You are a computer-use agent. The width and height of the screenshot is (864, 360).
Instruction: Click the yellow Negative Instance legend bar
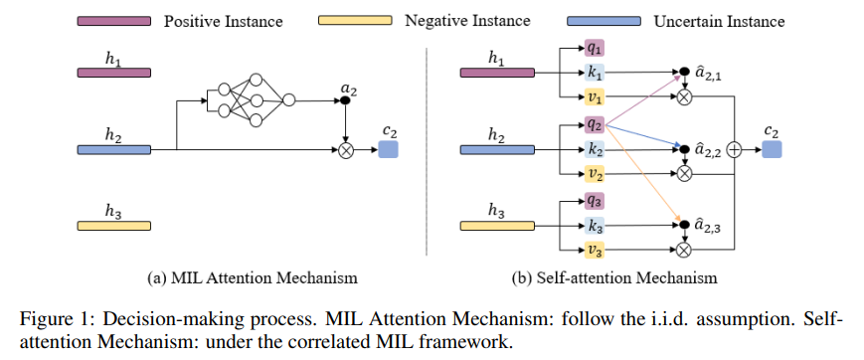click(356, 21)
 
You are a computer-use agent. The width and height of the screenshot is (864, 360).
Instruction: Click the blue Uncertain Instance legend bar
click(603, 21)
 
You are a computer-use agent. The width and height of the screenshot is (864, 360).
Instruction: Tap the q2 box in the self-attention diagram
click(595, 124)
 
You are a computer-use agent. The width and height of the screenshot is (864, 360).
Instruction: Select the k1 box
click(595, 73)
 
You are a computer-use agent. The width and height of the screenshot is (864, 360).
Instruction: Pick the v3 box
click(595, 251)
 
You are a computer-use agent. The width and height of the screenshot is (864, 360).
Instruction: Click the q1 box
click(595, 48)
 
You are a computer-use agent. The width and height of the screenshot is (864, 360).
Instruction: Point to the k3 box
click(595, 226)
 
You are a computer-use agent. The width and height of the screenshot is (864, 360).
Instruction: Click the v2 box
click(595, 173)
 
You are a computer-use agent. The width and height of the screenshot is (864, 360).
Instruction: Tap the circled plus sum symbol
click(735, 149)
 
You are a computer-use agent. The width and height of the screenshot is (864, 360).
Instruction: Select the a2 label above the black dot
click(348, 89)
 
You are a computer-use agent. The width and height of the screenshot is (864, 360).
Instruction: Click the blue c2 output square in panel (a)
click(388, 149)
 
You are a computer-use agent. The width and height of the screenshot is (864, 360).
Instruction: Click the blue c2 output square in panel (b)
click(772, 149)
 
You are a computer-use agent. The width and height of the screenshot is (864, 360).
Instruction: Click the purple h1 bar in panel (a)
click(114, 73)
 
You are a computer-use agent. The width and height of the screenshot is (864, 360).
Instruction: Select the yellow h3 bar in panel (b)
click(498, 226)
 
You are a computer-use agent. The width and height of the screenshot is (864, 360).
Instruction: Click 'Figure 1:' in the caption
click(52, 318)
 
